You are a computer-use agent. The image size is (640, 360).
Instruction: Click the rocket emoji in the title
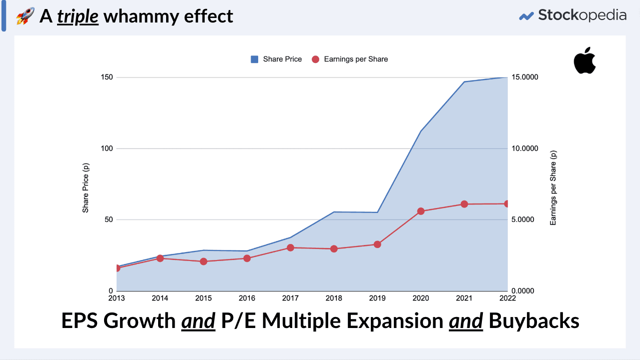pyautogui.click(x=25, y=16)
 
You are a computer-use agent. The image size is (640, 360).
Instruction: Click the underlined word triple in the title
pyautogui.click(x=78, y=16)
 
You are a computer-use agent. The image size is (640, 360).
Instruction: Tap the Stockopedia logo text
pyautogui.click(x=582, y=15)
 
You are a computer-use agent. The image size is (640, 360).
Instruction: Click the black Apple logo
pyautogui.click(x=584, y=60)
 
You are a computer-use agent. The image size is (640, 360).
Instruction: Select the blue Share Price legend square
pyautogui.click(x=254, y=59)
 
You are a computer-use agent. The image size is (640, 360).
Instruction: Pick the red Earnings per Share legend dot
pyautogui.click(x=315, y=59)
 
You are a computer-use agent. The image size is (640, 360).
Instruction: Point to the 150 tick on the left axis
pyautogui.click(x=107, y=77)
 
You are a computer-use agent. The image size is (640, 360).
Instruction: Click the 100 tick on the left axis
pyautogui.click(x=107, y=148)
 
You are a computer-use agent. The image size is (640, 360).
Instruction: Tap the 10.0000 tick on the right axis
pyautogui.click(x=524, y=148)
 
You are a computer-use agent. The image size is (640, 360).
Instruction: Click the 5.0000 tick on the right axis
pyautogui.click(x=524, y=220)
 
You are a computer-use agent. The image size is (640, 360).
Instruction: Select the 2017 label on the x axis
pyautogui.click(x=290, y=298)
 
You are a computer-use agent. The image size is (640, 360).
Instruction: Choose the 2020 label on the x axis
pyautogui.click(x=421, y=298)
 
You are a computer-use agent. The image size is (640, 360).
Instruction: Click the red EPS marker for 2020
pyautogui.click(x=421, y=211)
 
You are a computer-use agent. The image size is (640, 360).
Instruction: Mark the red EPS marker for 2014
pyautogui.click(x=160, y=258)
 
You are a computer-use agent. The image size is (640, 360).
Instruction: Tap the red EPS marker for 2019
pyautogui.click(x=377, y=244)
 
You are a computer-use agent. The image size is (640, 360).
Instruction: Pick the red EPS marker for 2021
pyautogui.click(x=464, y=204)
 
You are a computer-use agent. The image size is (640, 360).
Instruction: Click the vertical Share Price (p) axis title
pyautogui.click(x=86, y=183)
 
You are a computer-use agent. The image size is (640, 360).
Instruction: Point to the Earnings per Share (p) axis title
pyautogui.click(x=553, y=187)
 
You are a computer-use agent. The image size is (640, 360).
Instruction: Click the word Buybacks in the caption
pyautogui.click(x=533, y=321)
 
